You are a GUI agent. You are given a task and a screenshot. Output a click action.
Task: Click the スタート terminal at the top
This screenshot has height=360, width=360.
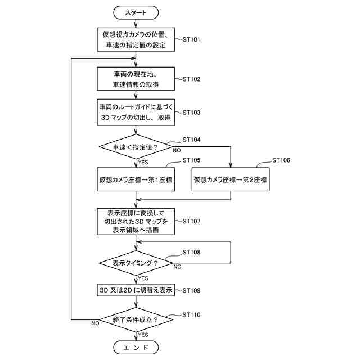(x=136, y=12)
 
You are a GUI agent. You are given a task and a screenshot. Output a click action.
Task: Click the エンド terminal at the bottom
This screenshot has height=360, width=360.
(x=136, y=348)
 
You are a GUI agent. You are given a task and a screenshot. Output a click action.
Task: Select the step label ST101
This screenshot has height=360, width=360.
(x=191, y=39)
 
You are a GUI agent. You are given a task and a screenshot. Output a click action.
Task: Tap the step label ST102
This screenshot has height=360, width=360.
(x=191, y=79)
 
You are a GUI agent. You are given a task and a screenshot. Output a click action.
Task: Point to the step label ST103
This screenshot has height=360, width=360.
(x=191, y=112)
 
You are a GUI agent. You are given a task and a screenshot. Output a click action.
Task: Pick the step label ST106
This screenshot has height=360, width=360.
(x=281, y=160)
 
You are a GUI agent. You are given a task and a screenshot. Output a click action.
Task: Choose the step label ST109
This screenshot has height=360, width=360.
(x=191, y=290)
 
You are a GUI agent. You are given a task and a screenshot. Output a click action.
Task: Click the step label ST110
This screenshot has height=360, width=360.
(x=191, y=314)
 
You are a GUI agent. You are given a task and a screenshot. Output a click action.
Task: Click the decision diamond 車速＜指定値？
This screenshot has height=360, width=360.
(x=136, y=147)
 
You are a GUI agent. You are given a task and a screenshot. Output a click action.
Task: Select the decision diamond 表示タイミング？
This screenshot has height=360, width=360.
(x=136, y=263)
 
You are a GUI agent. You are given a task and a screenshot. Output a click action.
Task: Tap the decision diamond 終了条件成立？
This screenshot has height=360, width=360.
(x=136, y=319)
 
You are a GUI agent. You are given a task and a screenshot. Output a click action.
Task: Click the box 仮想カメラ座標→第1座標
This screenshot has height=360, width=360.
(x=136, y=179)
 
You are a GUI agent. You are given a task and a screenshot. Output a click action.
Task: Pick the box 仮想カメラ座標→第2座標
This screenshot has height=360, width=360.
(x=231, y=179)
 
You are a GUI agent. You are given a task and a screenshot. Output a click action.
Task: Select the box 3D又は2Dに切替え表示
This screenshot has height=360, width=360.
(x=136, y=290)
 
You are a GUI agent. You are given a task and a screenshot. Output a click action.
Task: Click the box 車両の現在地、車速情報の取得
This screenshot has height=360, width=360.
(x=136, y=79)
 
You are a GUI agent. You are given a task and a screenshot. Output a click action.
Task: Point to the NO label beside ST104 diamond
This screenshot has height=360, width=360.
(x=177, y=150)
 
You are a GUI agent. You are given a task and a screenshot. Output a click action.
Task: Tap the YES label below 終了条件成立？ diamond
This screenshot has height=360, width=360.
(x=143, y=335)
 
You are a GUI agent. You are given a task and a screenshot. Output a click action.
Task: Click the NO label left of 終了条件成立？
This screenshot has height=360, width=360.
(x=95, y=323)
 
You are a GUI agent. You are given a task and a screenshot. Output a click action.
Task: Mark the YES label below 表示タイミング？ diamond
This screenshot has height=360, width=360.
(x=143, y=278)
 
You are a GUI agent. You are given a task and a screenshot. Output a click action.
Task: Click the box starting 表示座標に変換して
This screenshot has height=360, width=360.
(x=136, y=222)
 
